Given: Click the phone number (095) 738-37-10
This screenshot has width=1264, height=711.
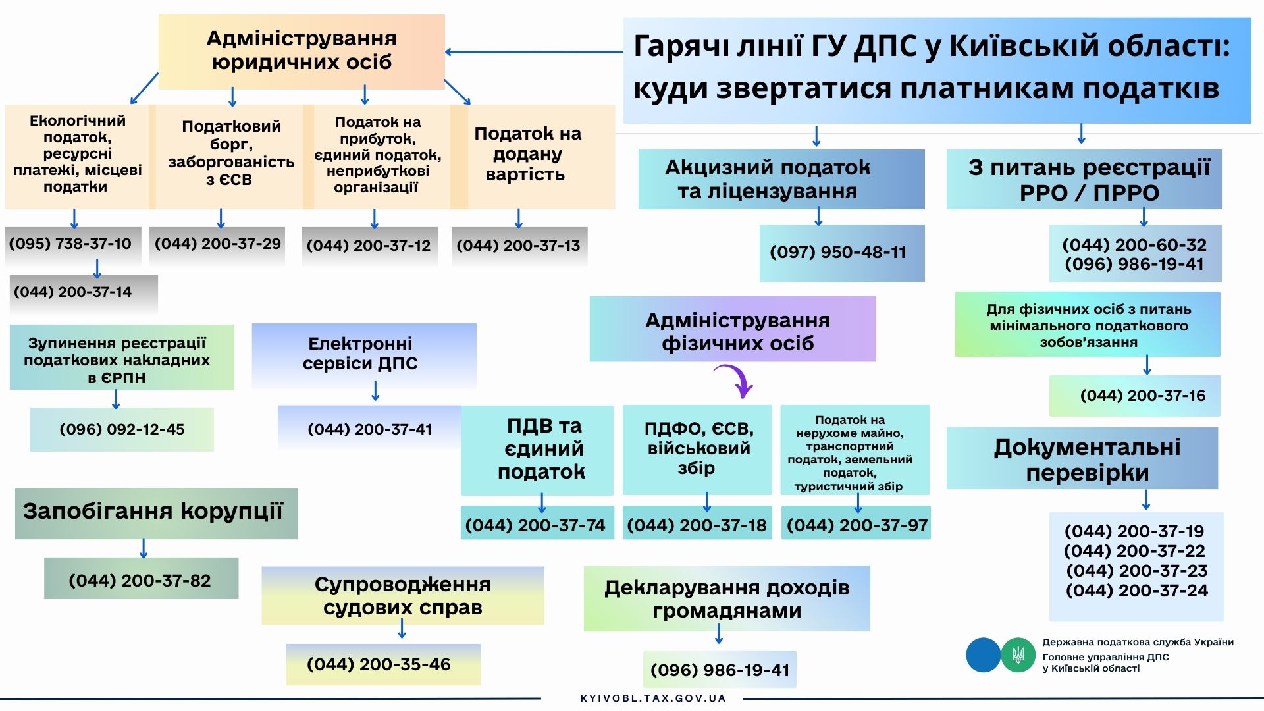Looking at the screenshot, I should pos(70,244).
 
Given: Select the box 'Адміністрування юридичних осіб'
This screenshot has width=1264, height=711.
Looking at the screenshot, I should pos(302,51).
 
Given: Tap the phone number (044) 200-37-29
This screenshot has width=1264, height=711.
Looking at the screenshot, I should pos(218,244).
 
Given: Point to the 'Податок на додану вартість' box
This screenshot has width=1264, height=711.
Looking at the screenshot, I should pos(527,155).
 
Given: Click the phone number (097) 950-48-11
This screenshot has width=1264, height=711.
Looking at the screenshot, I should pos(838,252).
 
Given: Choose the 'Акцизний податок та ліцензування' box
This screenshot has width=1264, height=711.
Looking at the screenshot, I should pos(781,179).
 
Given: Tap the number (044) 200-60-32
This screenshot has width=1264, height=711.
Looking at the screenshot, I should pos(1134,245).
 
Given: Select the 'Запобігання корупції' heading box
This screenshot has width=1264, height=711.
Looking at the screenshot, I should pos(155,512).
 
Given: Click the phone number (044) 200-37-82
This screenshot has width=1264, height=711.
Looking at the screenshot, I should pos(140,580).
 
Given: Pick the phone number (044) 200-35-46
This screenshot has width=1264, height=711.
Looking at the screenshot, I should pos(379,664).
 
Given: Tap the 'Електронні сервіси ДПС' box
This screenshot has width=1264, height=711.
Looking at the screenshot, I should pos(363,354).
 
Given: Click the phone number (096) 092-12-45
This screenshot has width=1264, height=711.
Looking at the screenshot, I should pos(122,429).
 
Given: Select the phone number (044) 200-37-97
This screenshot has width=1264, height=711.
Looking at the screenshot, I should pos(856,525).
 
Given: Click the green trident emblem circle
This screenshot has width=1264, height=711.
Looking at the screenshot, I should pos(1018,655).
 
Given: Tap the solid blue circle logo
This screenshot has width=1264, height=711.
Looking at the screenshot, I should pos(983,655).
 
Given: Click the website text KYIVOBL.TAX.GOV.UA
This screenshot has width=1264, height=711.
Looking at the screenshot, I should pos(653,698).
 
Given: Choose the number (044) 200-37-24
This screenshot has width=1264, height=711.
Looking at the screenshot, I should pos(1137,591).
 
